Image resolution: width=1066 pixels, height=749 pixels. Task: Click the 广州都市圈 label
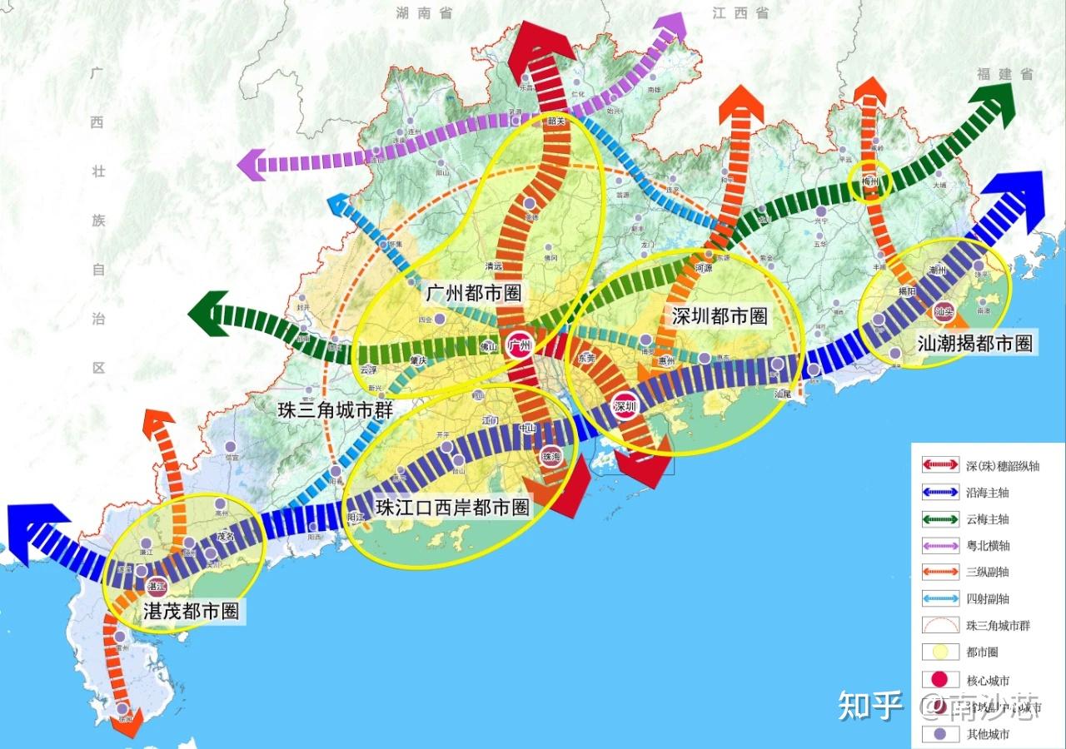point(474,293)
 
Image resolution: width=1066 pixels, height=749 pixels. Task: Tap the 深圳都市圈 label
point(719,315)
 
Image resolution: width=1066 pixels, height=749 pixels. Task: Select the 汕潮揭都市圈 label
point(975,343)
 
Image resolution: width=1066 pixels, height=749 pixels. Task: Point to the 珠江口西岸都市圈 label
point(453,508)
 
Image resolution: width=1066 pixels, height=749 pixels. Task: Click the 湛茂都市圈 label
point(192,612)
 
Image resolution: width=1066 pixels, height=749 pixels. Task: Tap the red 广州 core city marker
point(520,345)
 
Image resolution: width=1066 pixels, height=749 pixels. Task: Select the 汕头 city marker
point(944,312)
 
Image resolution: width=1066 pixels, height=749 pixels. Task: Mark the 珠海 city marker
point(551,456)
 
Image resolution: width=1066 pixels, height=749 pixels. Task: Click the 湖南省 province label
point(425,12)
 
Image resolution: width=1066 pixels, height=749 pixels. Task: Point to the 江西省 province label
point(740,12)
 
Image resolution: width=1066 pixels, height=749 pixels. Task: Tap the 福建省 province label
point(1005,74)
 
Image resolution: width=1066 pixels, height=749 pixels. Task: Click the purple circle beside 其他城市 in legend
point(939,735)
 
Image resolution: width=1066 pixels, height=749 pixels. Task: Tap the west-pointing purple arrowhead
point(251,164)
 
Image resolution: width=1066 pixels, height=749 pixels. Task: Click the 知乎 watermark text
point(870,706)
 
